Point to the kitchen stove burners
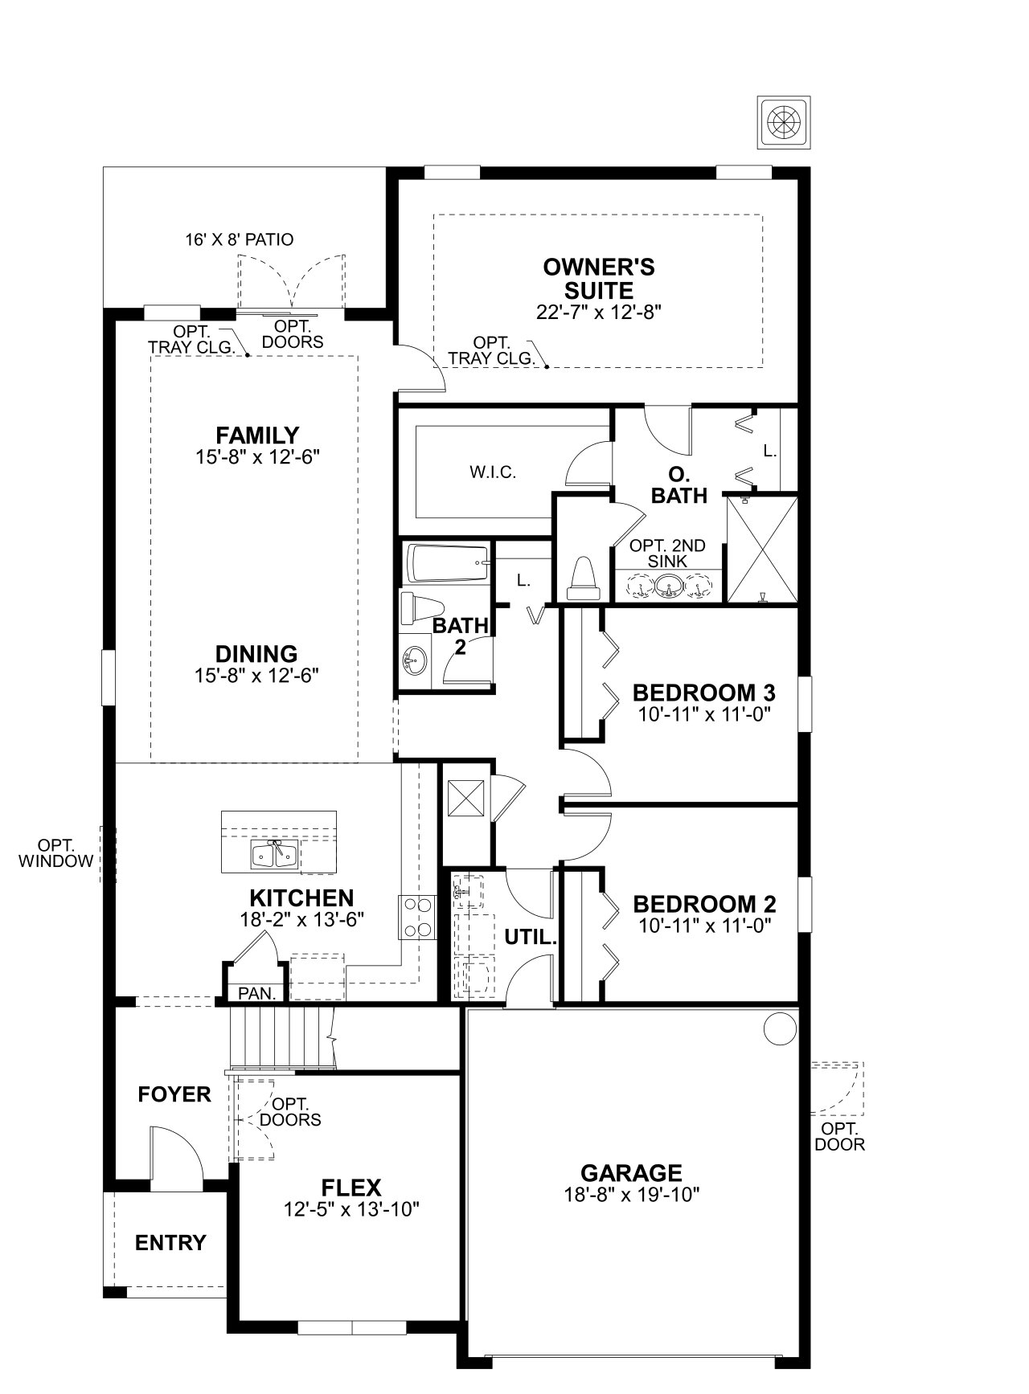[x=417, y=917]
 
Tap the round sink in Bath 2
[x=416, y=661]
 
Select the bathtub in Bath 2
[x=448, y=564]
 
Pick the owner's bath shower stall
[x=762, y=549]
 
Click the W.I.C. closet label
[x=493, y=472]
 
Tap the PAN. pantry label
[x=257, y=993]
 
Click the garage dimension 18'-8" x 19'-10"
[x=632, y=1195]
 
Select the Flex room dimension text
[x=352, y=1208]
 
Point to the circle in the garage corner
[x=778, y=1028]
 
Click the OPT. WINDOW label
[x=56, y=853]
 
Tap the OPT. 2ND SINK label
[x=667, y=554]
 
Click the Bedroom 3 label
[x=704, y=693]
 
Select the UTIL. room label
[x=531, y=937]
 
